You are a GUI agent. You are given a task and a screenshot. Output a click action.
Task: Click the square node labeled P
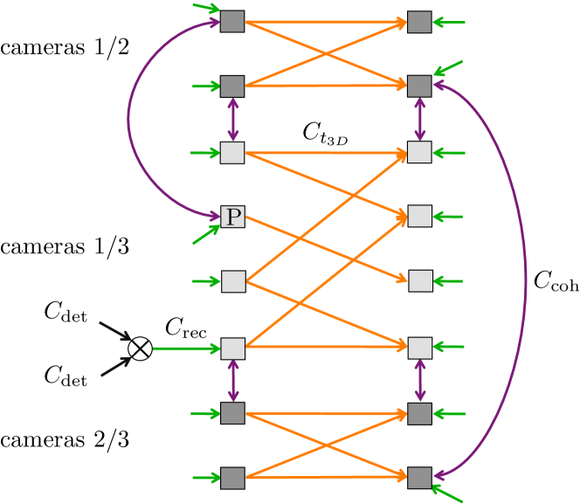232,217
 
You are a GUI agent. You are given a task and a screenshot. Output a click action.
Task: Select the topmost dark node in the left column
232,21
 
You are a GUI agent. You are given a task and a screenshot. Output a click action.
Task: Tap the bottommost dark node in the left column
232,478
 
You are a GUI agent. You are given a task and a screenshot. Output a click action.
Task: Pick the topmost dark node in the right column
419,22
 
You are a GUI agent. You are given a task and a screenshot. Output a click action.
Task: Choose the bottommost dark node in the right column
419,478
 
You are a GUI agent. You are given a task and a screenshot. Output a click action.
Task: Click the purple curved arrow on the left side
129,118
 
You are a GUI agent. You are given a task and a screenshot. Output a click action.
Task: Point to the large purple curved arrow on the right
525,280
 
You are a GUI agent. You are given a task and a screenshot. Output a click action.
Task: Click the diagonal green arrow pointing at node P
206,234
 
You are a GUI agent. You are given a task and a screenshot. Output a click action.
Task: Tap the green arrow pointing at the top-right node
449,23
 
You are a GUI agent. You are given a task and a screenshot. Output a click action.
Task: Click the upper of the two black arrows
115,331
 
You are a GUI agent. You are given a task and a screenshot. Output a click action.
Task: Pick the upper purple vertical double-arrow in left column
232,119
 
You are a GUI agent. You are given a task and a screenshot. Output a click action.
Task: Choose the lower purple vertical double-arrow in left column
232,381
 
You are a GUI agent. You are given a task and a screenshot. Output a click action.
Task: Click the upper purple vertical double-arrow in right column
419,119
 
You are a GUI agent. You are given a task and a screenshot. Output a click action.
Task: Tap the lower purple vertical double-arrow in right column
419,381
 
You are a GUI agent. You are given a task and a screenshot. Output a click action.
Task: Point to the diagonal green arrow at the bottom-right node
448,494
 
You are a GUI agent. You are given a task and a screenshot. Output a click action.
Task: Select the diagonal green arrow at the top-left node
205,9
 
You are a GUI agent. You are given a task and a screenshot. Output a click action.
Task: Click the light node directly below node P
233,281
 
